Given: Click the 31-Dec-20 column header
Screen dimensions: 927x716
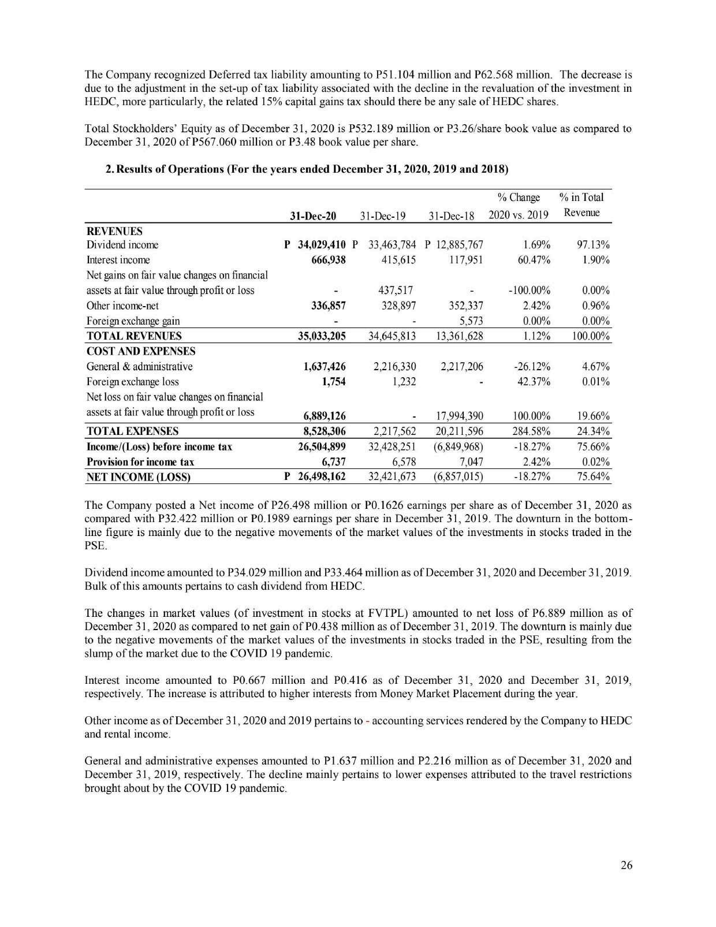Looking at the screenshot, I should (x=312, y=216).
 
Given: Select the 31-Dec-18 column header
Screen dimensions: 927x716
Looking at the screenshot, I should (x=451, y=216).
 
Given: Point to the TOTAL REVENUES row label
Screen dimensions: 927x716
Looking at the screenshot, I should (x=134, y=336).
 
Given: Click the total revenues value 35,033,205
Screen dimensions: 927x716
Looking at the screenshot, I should (x=321, y=336).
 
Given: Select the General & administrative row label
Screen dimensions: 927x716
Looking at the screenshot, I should (x=139, y=366).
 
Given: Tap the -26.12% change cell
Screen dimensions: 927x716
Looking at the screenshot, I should (x=531, y=366).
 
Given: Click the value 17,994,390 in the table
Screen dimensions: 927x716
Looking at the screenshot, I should (x=456, y=416).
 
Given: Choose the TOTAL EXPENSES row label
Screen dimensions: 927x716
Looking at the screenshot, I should (x=132, y=431).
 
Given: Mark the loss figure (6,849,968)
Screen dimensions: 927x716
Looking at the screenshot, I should (x=458, y=446).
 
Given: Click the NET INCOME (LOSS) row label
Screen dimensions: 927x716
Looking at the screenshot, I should (x=138, y=477).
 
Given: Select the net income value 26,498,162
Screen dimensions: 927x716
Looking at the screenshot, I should (x=321, y=476).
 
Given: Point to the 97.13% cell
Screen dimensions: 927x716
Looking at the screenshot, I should (x=594, y=244).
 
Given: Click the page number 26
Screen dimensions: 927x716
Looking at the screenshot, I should (x=626, y=865).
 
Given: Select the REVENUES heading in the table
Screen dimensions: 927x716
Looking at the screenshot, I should (x=114, y=231).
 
